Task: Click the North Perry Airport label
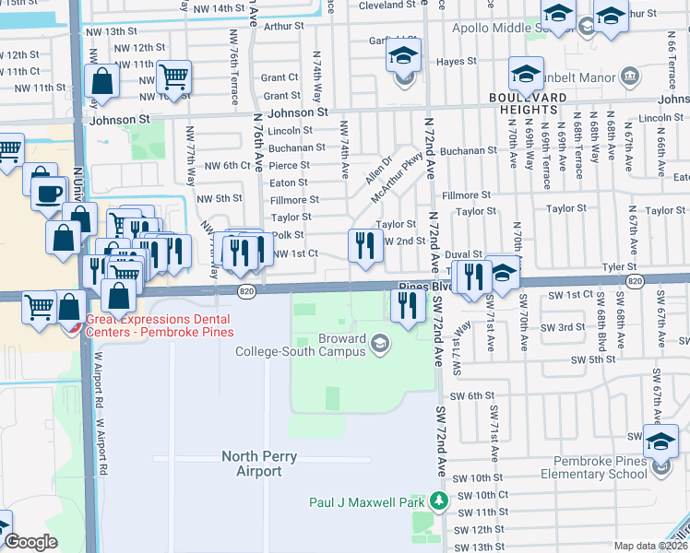[x=251, y=464]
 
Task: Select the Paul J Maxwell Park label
[x=365, y=502]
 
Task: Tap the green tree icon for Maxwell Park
[x=439, y=501]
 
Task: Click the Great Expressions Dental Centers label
[x=160, y=325]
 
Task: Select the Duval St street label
[x=464, y=253]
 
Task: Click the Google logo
[x=30, y=542]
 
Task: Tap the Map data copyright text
[x=651, y=546]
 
